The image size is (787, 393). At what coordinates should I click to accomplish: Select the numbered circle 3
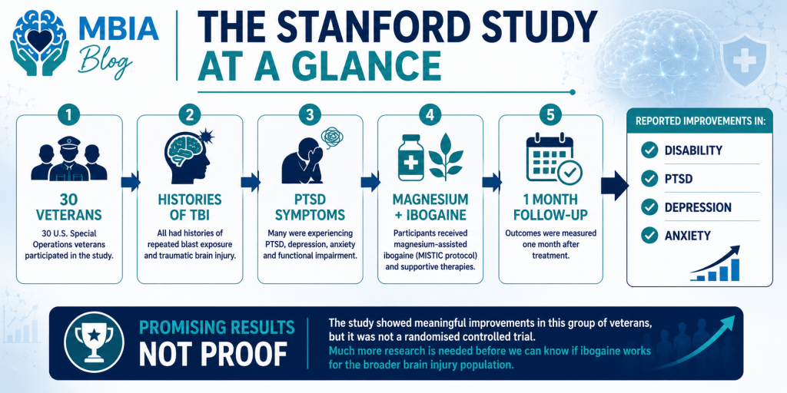coord(310,115)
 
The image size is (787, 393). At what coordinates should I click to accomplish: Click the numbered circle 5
coord(550,115)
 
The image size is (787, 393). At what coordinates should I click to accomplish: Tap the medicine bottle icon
coord(411,157)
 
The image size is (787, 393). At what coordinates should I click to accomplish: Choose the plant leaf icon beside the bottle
coord(445,157)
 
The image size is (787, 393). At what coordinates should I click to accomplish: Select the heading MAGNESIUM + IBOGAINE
coord(430,207)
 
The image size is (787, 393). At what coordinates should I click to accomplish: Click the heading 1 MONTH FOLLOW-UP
coord(550,207)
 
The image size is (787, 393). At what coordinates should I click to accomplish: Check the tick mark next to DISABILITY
coord(649,150)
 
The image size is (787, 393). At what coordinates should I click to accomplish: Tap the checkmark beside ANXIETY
coord(649,234)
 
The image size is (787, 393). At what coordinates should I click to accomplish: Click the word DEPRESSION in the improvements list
coord(698,207)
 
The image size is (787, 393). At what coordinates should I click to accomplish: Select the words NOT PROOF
coord(214,355)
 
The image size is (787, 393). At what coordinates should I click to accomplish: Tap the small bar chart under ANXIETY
coord(716,263)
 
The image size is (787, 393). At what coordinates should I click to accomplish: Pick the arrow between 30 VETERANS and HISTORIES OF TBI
coord(130,182)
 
